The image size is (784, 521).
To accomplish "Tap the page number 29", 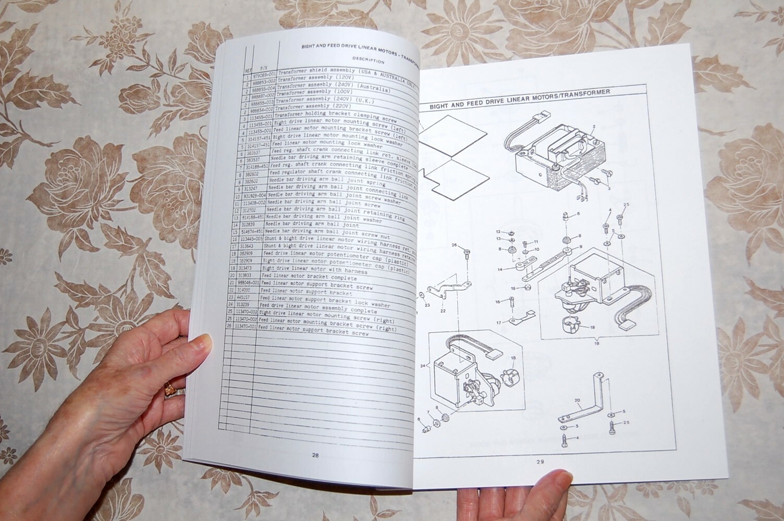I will [540, 461].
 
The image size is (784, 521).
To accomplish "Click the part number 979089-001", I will [262, 75].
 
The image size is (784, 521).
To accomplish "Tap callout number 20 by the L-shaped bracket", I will [577, 401].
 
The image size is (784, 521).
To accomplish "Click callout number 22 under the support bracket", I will [443, 311].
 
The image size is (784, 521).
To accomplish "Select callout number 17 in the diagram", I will [499, 323].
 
